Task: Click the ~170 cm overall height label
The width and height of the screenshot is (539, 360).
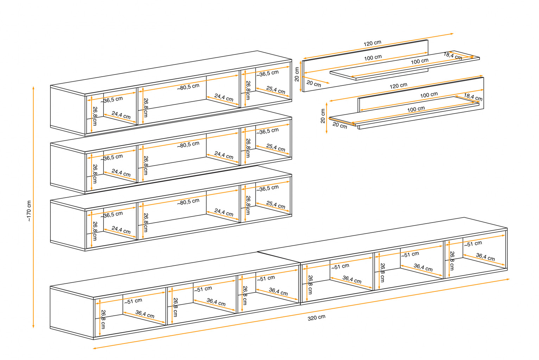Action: pos(29,211)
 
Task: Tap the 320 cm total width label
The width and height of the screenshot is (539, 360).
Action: pos(316,317)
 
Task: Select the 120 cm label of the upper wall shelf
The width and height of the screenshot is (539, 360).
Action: pos(372,43)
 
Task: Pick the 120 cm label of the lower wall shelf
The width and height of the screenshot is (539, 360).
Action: pos(399,86)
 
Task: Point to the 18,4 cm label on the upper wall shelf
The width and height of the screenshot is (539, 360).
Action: pos(452,56)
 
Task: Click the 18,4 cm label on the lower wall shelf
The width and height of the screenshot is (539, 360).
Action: pos(473,97)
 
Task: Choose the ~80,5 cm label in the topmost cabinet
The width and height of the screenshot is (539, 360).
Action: pos(188,87)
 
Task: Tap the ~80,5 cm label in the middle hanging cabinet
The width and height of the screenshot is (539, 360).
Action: pos(188,144)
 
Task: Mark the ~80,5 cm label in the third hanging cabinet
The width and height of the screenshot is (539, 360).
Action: pos(188,201)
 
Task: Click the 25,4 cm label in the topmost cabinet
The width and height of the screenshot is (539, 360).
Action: pos(275,90)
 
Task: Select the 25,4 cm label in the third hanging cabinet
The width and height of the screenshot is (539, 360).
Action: pos(275,205)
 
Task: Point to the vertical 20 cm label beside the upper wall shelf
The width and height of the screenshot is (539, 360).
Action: pos(297,74)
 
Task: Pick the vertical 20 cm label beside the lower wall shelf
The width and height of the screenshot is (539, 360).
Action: pos(323,116)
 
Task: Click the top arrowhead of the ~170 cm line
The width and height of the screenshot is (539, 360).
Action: pos(33,87)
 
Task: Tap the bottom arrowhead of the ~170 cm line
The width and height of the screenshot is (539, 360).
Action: pos(33,327)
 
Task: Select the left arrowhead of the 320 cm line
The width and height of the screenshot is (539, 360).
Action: pos(94,348)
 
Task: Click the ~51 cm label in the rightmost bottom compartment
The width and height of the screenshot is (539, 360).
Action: pos(473,244)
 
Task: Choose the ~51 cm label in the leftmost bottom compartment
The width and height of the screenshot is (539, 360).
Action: pos(133,301)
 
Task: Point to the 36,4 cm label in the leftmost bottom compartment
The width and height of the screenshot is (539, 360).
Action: pos(145,314)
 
